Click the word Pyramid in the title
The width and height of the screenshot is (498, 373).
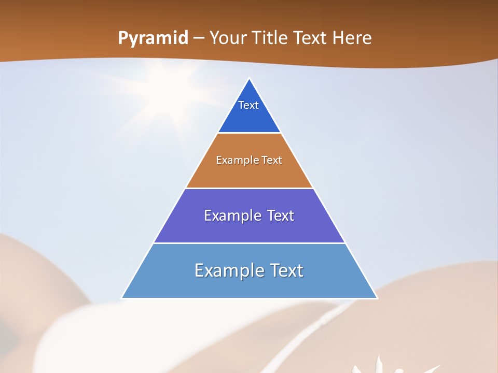(153, 39)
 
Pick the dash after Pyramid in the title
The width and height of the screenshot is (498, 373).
(199, 39)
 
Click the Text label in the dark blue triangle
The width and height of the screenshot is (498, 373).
(248, 105)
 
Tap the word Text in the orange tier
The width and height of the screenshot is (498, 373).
(272, 160)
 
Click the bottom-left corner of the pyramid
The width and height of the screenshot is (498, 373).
(122, 298)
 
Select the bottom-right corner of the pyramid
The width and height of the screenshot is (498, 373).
(377, 298)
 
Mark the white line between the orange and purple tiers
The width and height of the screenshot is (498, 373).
(249, 188)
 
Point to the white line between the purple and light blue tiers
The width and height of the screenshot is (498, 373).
(249, 243)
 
